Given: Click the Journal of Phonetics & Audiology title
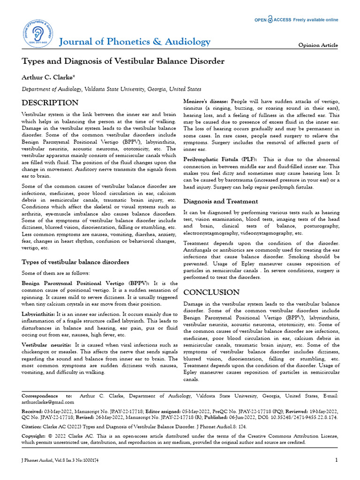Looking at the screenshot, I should [x=134, y=42].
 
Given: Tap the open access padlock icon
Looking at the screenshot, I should [x=270, y=20].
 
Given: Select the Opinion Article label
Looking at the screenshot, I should [x=318, y=45].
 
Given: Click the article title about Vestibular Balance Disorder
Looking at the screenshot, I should [x=123, y=61].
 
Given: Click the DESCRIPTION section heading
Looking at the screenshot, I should [x=50, y=103].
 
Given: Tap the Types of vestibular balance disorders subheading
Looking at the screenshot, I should [x=75, y=262].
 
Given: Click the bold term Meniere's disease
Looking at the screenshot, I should [x=205, y=102].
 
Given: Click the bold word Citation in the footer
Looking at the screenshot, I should [x=33, y=427].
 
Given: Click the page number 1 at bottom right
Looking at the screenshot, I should [x=336, y=460].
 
